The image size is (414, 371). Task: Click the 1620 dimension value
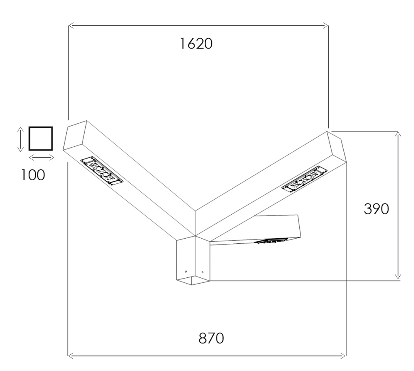pos(196,44)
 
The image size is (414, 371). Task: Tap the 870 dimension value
pos(211,338)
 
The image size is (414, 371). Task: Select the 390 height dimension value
pos(376,209)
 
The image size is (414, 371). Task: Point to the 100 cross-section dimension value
pos(33,175)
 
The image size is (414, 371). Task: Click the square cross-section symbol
pos(41,138)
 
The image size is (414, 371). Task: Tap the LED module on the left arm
pos(102,171)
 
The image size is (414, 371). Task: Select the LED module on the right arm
pos(304,179)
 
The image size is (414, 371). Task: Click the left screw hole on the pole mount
pos(186,271)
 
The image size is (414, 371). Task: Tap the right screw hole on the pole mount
pos(202,272)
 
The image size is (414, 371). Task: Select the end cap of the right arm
pos(337,147)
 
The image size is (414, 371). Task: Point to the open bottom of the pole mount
pos(193,280)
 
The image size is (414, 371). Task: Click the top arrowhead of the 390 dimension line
pos(398,133)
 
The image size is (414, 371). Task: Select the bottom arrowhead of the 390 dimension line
pos(398,276)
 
